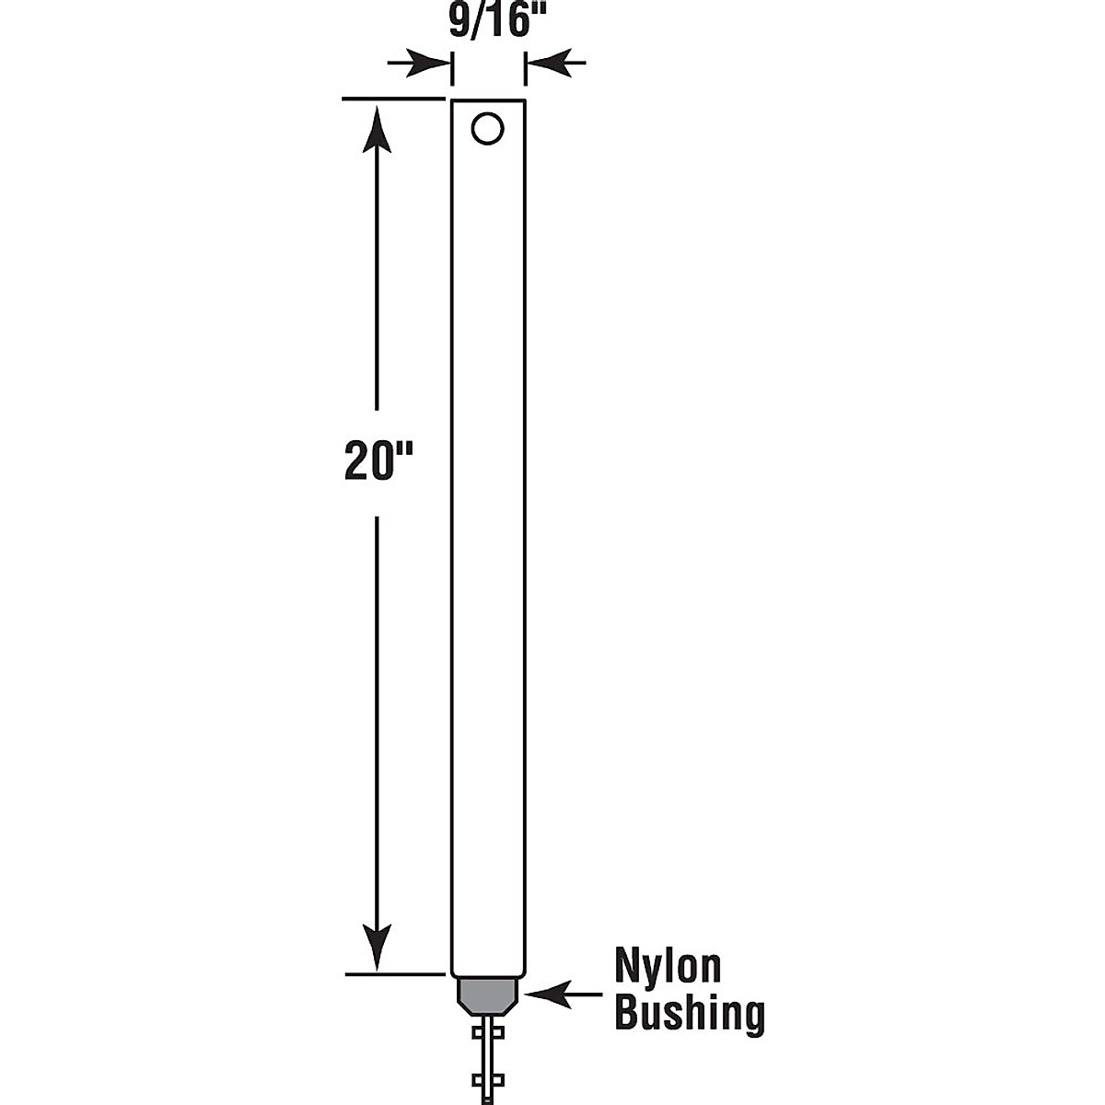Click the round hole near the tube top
(x=487, y=128)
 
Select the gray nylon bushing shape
(x=488, y=994)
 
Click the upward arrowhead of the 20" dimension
(x=377, y=129)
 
